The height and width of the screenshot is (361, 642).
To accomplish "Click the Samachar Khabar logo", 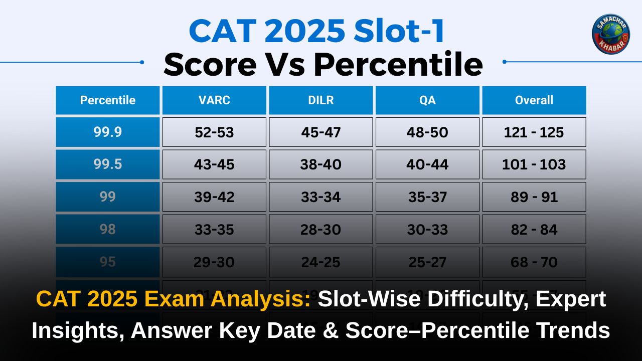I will (x=610, y=34).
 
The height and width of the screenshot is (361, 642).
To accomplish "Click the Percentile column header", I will (x=108, y=100).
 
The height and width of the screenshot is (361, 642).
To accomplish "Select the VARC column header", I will (x=214, y=100).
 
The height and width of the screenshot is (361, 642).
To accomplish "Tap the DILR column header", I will (x=321, y=100).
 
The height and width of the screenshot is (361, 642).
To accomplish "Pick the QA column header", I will (x=428, y=100).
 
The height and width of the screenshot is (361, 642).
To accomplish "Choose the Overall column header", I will (x=534, y=100).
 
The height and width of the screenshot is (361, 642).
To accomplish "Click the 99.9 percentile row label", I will (x=108, y=132).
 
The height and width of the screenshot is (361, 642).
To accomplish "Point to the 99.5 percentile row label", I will (x=108, y=164).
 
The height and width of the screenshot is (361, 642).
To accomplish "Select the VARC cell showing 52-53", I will (x=214, y=132).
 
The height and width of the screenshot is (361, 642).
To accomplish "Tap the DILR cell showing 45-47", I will (x=321, y=132).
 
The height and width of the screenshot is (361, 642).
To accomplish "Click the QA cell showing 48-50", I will (x=428, y=132).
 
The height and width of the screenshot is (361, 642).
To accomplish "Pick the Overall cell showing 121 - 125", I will (x=534, y=132).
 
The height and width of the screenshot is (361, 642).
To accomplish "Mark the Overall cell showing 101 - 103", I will (x=534, y=164).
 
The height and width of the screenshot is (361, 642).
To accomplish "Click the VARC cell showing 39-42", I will (x=214, y=197).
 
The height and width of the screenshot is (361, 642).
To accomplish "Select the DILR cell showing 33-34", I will (x=321, y=197).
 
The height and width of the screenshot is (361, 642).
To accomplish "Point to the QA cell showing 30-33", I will (x=428, y=230).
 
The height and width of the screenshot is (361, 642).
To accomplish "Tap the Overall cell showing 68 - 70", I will (x=534, y=262).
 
